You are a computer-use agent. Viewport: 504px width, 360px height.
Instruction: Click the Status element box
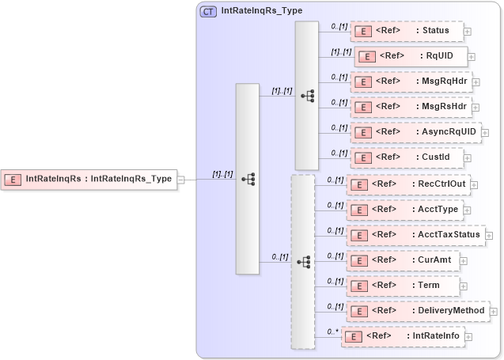(406, 31)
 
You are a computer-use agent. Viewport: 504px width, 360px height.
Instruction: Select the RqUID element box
(411, 56)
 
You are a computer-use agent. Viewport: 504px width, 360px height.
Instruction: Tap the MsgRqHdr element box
(411, 81)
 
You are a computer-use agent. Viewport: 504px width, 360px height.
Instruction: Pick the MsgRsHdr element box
(411, 107)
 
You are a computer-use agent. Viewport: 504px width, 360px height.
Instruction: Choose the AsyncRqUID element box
(415, 132)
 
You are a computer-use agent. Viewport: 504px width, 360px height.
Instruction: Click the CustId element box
(406, 157)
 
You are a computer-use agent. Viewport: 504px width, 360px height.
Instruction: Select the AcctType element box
(404, 210)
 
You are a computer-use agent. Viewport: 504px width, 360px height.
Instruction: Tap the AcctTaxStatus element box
(415, 235)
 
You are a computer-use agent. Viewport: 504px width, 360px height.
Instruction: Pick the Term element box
(402, 286)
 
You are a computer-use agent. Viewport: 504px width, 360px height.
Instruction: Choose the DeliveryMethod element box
(418, 311)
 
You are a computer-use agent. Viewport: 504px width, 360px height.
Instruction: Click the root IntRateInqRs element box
(89, 179)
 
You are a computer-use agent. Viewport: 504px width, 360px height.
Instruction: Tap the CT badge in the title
(209, 12)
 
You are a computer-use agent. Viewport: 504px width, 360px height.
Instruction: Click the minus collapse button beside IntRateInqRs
(181, 180)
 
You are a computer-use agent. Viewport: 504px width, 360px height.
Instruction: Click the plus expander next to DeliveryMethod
(495, 312)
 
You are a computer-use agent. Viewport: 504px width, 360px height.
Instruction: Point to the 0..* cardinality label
(332, 332)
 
